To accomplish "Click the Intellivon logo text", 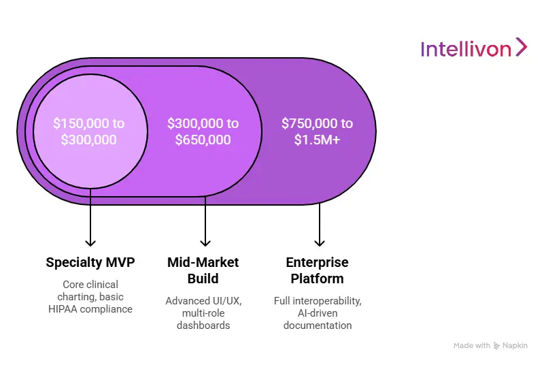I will [465, 49].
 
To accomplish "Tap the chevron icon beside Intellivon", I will [521, 47].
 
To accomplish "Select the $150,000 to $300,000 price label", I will [89, 131].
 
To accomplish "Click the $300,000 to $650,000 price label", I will [203, 131].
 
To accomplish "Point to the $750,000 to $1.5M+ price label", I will [317, 131].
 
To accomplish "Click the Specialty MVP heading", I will [90, 262].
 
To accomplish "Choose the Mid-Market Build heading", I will [203, 270].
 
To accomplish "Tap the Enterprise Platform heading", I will [317, 270].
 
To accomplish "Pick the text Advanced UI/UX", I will [203, 300].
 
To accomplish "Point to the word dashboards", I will [203, 325].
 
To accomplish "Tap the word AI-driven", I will [317, 313].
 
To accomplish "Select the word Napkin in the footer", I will [516, 346].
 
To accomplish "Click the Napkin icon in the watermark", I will [497, 346].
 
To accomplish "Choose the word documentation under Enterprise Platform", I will [317, 325].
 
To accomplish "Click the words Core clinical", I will [90, 284].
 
